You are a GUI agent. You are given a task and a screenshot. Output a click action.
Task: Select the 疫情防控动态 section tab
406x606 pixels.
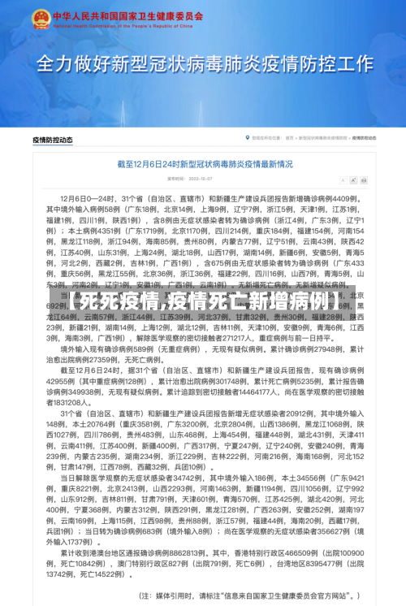coord(53,140)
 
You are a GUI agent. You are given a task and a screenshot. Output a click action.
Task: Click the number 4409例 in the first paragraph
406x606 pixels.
coord(340,198)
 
